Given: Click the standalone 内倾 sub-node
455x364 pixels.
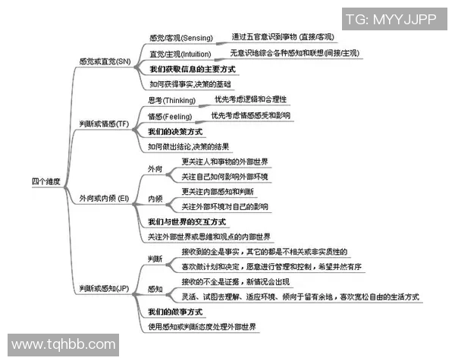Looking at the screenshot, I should pos(155,198).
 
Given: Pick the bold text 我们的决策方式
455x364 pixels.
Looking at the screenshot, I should pos(175,131).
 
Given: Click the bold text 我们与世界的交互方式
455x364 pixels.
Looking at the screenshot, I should pos(187,221).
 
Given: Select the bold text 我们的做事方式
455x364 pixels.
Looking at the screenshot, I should pos(175,312).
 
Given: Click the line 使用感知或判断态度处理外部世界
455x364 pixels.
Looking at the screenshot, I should pos(202,327).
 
